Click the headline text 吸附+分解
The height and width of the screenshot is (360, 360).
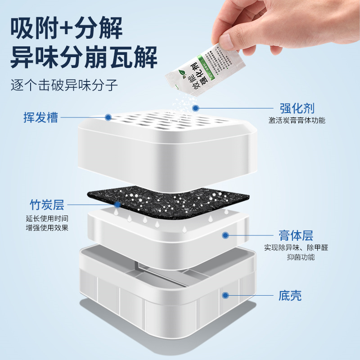click(66, 29)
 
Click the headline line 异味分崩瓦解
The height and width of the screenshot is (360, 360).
click(84, 58)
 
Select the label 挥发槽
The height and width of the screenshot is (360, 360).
click(41, 117)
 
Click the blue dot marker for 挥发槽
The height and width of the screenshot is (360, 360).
click(108, 117)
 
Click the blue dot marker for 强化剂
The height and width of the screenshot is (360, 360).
click(195, 108)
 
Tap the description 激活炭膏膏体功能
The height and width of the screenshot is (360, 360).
click(297, 121)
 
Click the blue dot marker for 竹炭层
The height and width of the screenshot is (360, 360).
click(117, 205)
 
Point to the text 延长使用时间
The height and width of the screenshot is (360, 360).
click(47, 218)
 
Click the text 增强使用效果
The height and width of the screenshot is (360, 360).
click(47, 228)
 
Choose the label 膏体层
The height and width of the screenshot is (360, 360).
click(296, 235)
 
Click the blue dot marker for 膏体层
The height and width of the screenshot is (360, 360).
click(225, 235)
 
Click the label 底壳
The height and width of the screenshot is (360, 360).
click(290, 296)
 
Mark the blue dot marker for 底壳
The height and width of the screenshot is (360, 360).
click(225, 296)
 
